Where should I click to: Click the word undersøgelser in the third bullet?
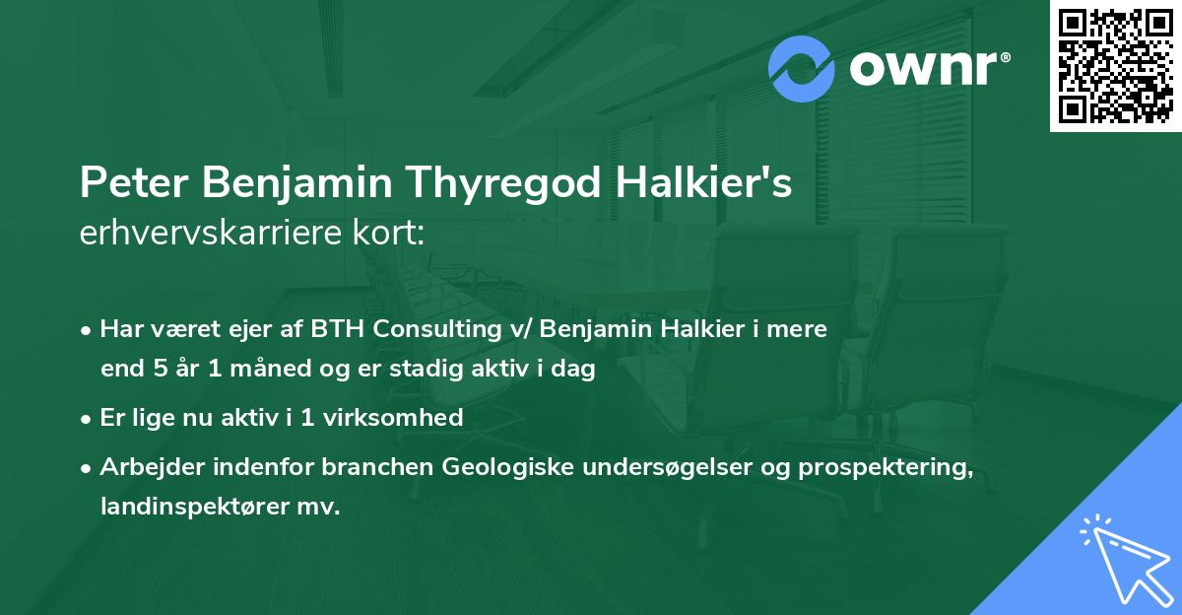[660, 467]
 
